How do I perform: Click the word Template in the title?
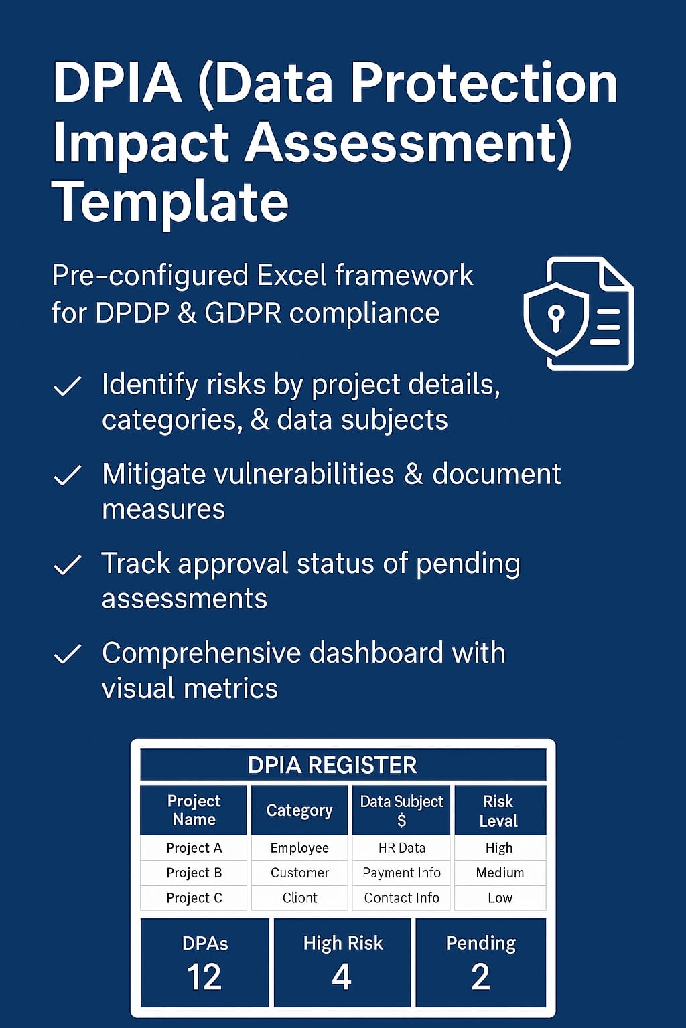[170, 203]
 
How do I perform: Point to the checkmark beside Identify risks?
[68, 385]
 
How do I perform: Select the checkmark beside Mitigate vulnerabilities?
[68, 475]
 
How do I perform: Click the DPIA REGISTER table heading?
[332, 766]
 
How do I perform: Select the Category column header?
[299, 811]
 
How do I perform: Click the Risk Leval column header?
[498, 811]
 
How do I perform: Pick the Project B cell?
[194, 873]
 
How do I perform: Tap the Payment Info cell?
[401, 873]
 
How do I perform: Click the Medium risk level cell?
[500, 873]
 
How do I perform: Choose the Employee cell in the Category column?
[299, 848]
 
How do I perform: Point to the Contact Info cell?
[401, 897]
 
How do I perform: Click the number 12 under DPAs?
[204, 977]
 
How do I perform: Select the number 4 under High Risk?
[342, 977]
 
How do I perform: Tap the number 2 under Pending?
[480, 977]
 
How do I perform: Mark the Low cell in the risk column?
[500, 897]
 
